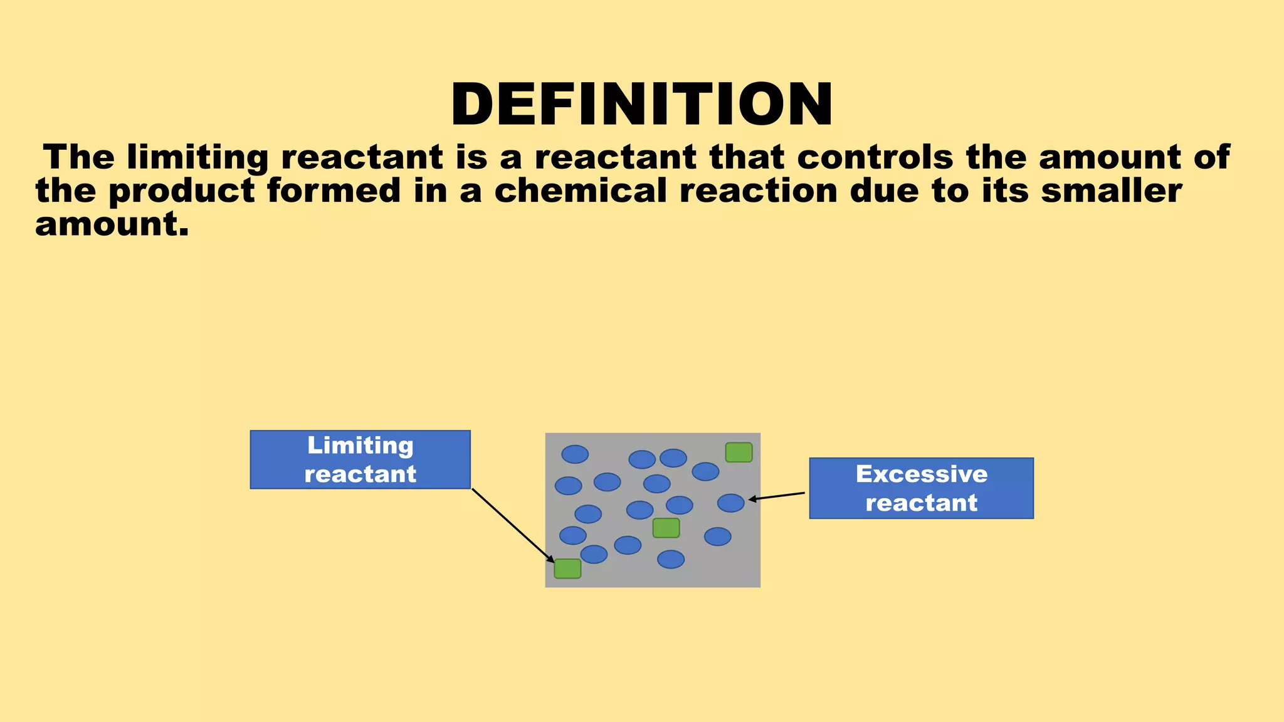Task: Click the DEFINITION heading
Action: [642, 104]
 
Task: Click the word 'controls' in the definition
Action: [875, 157]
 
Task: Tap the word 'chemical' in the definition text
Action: [580, 191]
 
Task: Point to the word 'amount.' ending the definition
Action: [112, 224]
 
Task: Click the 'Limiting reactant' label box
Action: [360, 459]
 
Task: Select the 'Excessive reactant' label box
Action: [921, 488]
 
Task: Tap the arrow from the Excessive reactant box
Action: [777, 496]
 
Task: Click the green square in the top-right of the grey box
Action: [739, 453]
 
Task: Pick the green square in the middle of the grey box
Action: [666, 528]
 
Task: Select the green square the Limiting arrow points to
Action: [567, 568]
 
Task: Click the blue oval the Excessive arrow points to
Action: [730, 503]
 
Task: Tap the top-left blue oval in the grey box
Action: [574, 454]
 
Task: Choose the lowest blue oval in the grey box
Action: [671, 559]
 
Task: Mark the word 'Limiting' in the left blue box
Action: [360, 446]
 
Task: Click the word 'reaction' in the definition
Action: [759, 191]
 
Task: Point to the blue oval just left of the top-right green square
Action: [705, 471]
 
